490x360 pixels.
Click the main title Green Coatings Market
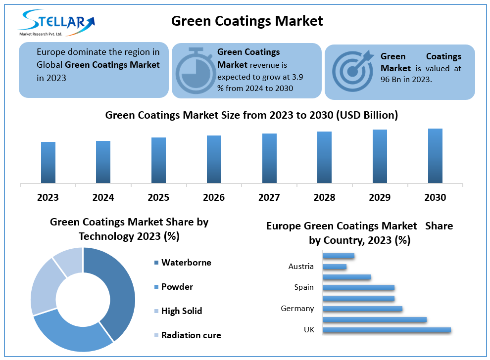point(247,21)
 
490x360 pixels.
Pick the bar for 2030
point(435,156)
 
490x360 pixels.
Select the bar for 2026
point(214,159)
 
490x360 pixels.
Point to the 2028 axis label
point(324,197)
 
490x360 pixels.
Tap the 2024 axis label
point(103,197)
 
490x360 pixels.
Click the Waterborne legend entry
point(186,263)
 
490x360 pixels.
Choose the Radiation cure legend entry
point(191,335)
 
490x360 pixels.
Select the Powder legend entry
point(177,287)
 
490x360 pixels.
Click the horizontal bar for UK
point(387,330)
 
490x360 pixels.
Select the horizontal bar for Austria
point(335,267)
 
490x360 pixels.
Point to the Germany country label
point(297,309)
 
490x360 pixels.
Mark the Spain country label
point(303,287)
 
